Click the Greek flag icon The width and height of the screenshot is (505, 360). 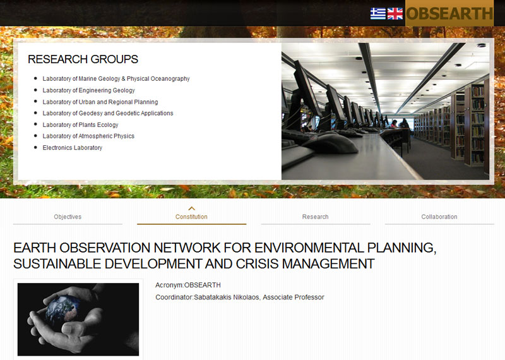point(377,13)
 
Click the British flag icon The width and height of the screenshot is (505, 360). point(395,13)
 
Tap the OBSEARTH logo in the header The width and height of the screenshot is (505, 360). point(449,13)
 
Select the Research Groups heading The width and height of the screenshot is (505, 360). point(83,59)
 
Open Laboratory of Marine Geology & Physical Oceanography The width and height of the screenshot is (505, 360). point(116,79)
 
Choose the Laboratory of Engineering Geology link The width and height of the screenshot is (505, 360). point(88,90)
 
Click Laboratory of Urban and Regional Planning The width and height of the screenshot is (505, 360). point(100,102)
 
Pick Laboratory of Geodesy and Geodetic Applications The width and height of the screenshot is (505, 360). point(108,113)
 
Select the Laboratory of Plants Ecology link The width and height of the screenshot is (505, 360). point(80,124)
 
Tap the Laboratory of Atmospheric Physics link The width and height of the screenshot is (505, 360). point(88,136)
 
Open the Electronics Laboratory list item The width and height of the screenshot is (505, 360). point(72,148)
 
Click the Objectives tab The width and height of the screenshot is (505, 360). point(68,217)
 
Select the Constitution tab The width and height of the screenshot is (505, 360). point(191,217)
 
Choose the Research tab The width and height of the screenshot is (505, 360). point(315,217)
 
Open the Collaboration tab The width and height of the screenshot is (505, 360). point(439,217)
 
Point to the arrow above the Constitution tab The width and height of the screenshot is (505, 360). point(192,208)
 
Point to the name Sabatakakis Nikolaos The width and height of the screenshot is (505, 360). point(227,297)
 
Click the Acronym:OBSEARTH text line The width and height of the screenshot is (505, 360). point(188,285)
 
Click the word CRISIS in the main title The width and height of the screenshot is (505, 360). point(257,264)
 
